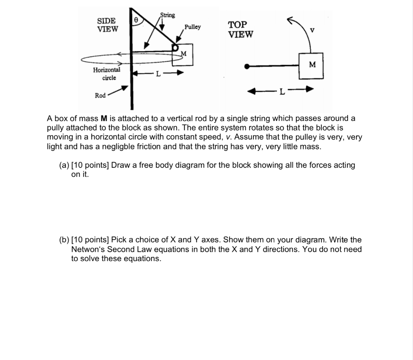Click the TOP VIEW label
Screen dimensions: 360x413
tap(241, 29)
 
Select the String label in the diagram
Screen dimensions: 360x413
tap(168, 15)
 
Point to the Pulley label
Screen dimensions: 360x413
tap(192, 27)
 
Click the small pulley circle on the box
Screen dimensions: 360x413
tap(175, 48)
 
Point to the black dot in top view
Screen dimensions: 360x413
tap(248, 66)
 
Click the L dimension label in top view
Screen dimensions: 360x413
tap(282, 92)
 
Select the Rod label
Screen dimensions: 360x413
tap(100, 96)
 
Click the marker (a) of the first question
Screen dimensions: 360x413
tap(64, 165)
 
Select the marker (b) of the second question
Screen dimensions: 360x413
tap(64, 240)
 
